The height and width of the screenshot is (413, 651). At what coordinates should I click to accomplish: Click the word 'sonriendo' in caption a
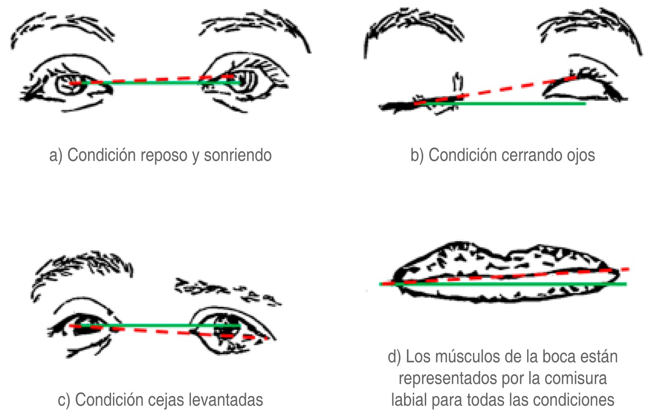pyautogui.click(x=238, y=155)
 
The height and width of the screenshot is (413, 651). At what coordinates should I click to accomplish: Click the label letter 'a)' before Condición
pyautogui.click(x=56, y=155)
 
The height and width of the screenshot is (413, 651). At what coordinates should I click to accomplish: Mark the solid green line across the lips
pyautogui.click(x=504, y=284)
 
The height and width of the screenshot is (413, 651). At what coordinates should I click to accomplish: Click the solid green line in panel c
pyautogui.click(x=153, y=325)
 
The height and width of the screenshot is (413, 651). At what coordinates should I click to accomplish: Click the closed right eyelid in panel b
pyautogui.click(x=581, y=87)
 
